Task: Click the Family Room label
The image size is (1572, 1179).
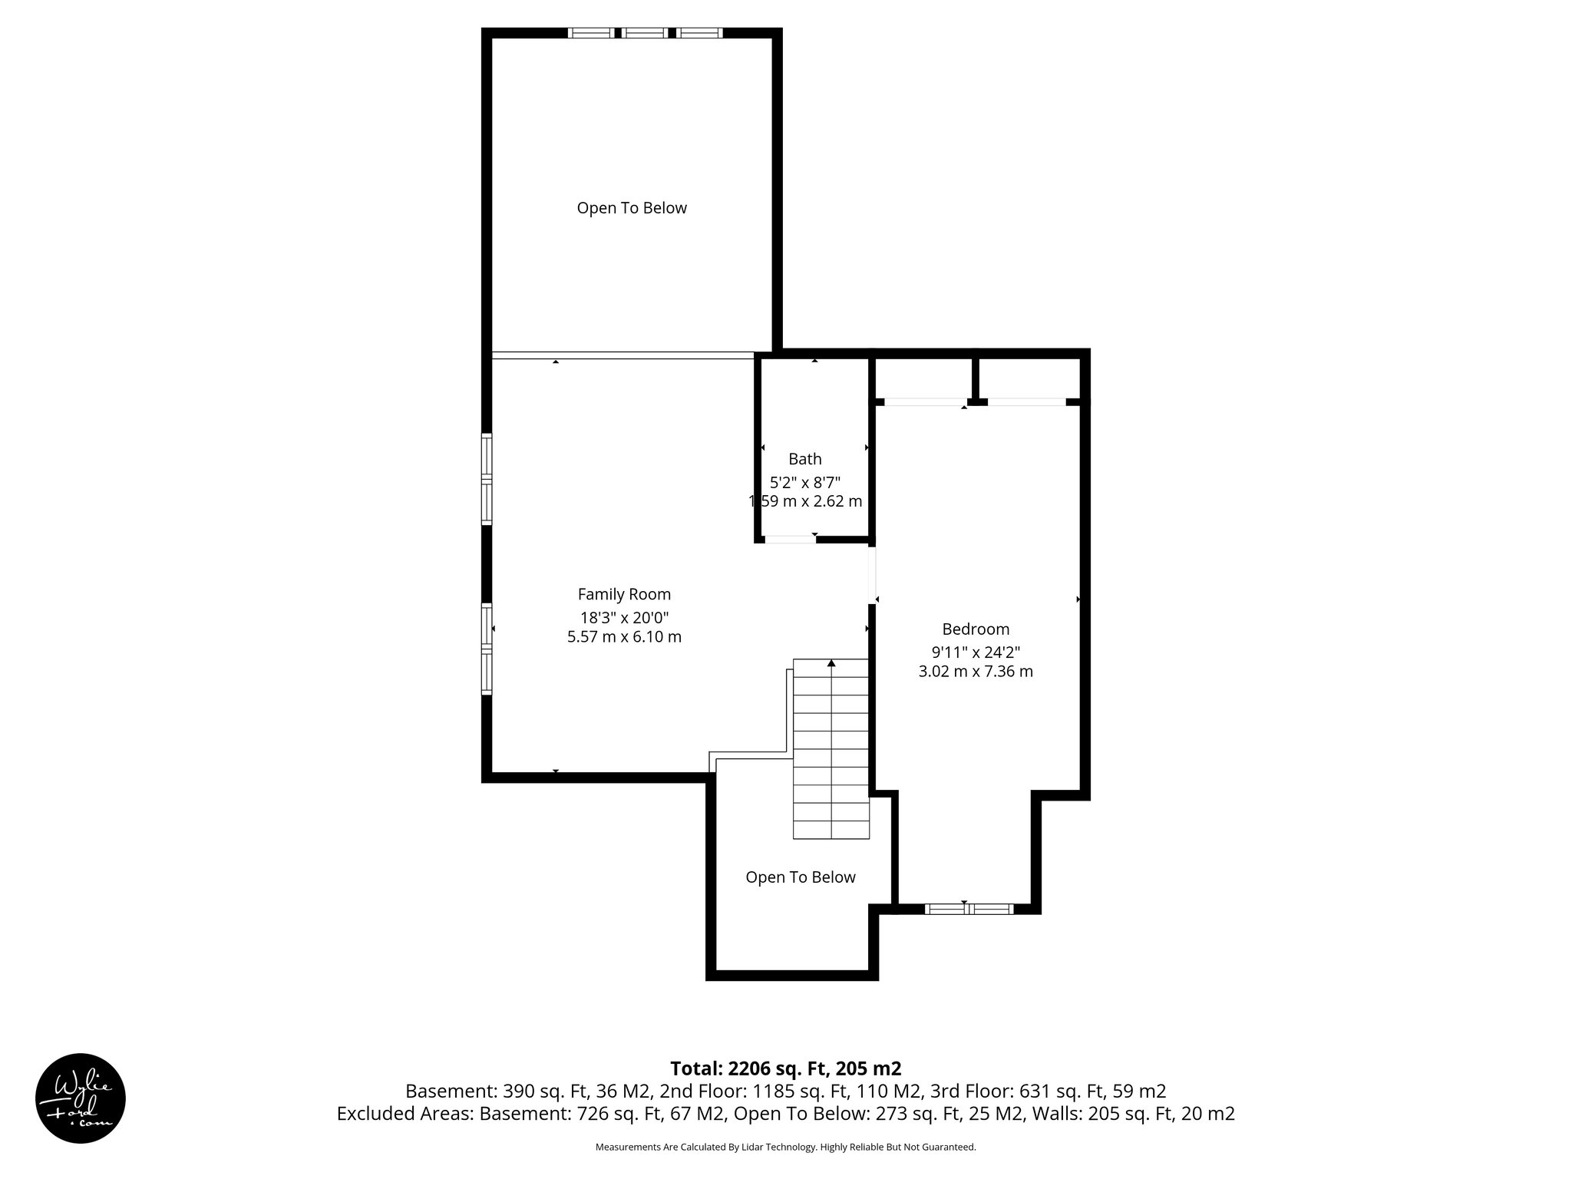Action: pyautogui.click(x=624, y=594)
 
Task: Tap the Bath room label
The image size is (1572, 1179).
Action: pyautogui.click(x=804, y=459)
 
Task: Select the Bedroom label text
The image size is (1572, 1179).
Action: pyautogui.click(x=975, y=629)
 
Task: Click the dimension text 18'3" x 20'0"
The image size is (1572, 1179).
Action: pyautogui.click(x=624, y=617)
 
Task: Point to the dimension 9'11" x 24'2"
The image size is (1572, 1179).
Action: pyautogui.click(x=975, y=652)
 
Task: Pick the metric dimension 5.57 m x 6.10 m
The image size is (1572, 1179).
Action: pyautogui.click(x=624, y=636)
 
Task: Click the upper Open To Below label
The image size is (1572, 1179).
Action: pyautogui.click(x=632, y=208)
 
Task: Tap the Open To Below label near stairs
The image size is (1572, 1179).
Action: pyautogui.click(x=800, y=877)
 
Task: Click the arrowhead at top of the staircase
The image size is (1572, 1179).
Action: pyautogui.click(x=831, y=662)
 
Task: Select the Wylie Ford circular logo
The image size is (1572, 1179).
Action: pyautogui.click(x=81, y=1098)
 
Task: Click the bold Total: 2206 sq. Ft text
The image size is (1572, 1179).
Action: pyautogui.click(x=785, y=1068)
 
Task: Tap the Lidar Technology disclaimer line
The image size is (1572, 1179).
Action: pyautogui.click(x=785, y=1147)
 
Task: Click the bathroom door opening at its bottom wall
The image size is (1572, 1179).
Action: pyautogui.click(x=790, y=539)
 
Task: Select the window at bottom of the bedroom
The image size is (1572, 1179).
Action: pyautogui.click(x=969, y=909)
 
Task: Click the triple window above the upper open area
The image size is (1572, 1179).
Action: pyautogui.click(x=645, y=33)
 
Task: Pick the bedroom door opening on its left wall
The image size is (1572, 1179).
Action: pyautogui.click(x=872, y=574)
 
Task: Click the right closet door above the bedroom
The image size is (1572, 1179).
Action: pyautogui.click(x=1026, y=401)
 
